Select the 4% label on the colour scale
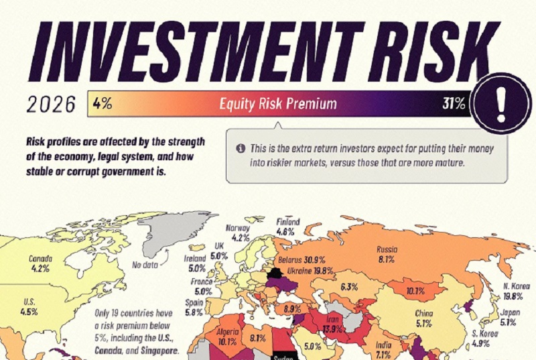pos(103,105)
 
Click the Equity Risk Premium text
pos(278,105)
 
